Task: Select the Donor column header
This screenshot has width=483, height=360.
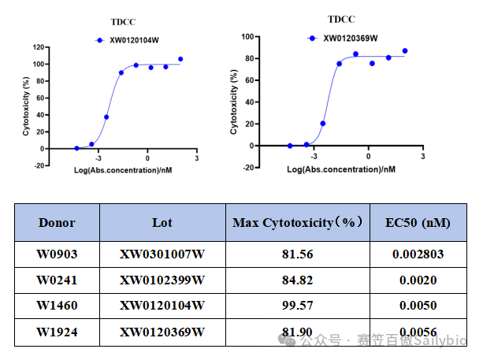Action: point(57,222)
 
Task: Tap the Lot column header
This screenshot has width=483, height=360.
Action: point(162,222)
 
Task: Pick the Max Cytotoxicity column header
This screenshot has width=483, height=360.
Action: point(299,223)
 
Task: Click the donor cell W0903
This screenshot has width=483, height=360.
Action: point(57,254)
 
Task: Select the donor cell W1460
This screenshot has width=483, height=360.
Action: point(57,306)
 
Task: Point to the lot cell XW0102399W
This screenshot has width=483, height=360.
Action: point(162,280)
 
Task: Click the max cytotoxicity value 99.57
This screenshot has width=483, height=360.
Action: point(299,306)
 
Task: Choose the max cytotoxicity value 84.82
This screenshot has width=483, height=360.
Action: point(299,280)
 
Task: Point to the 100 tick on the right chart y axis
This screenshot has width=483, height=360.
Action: point(246,36)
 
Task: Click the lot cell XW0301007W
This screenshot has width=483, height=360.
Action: point(162,254)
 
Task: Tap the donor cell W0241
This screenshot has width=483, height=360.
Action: point(57,280)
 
